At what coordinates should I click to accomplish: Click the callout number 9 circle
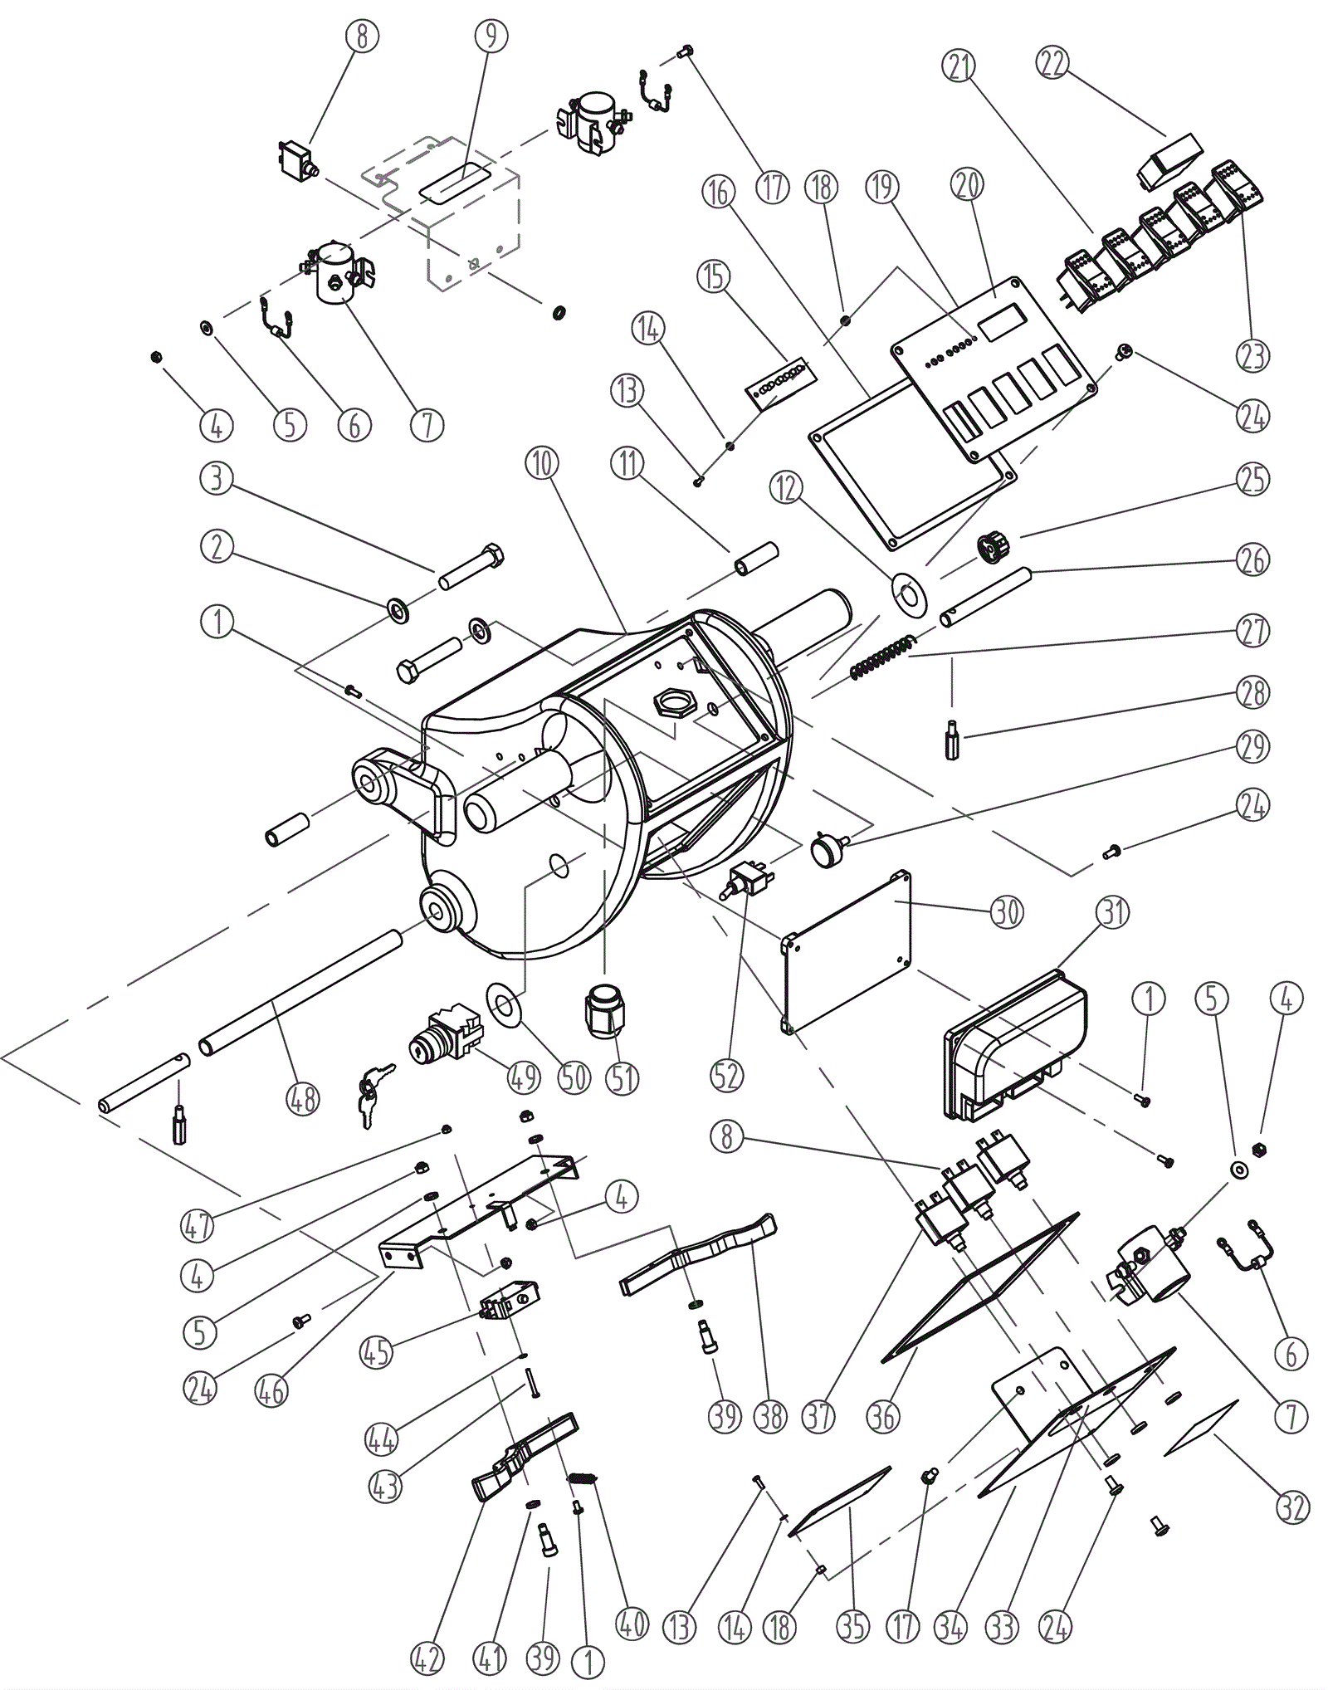click(x=491, y=37)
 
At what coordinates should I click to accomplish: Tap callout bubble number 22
click(x=1052, y=63)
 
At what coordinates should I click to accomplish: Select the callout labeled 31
click(x=1114, y=912)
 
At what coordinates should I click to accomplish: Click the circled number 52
click(x=726, y=1077)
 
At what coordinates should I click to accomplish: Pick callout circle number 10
click(x=542, y=463)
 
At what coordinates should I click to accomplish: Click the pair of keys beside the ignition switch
click(x=367, y=1095)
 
